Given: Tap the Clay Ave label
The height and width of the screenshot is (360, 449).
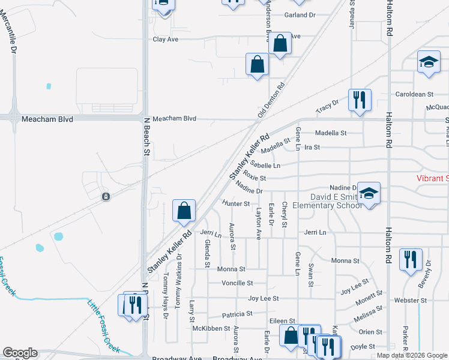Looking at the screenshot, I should pos(166,39).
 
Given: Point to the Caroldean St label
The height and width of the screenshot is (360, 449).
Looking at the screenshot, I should pos(414,94).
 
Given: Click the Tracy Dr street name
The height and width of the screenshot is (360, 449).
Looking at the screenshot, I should pos(327,107).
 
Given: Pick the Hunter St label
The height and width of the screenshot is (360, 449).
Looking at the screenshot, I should pos(236,203).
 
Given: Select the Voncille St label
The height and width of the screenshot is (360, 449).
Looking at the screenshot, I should pos(237,283).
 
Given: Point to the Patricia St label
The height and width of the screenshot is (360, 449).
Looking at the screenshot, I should pos(237,314).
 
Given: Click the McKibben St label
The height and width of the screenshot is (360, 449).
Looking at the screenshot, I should pos(211,328).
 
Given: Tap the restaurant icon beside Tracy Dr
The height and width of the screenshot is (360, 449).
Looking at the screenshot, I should pos(360,100).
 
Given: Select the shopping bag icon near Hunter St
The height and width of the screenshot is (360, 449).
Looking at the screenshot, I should pos(184,211).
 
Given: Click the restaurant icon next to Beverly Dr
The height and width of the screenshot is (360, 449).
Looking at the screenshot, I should pos(411,260).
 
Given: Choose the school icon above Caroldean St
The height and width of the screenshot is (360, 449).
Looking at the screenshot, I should pos(429,61).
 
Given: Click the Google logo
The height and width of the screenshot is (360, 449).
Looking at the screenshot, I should pos(20,353).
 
